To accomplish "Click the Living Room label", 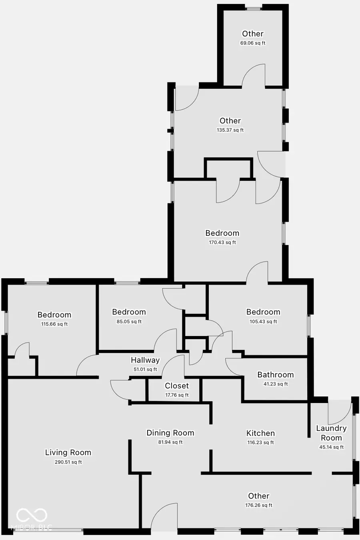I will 68,452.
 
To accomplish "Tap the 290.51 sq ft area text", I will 68,462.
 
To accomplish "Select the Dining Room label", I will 170,433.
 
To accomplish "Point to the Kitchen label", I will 260,433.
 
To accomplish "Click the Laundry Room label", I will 331,433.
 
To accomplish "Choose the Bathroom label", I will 275,375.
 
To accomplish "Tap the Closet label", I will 177,386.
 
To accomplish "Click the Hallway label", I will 145,360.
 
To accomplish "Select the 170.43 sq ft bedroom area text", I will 222,242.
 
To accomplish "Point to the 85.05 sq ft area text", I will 129,321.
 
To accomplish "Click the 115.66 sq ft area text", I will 54,324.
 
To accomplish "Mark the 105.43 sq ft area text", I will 263,321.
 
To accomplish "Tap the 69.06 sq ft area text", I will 253,43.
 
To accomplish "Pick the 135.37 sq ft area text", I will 230,130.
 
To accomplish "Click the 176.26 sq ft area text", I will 259,505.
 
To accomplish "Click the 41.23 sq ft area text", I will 276,384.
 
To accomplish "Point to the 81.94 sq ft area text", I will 170,442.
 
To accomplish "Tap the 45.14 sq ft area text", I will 331,447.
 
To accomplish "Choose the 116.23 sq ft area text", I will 260,442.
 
